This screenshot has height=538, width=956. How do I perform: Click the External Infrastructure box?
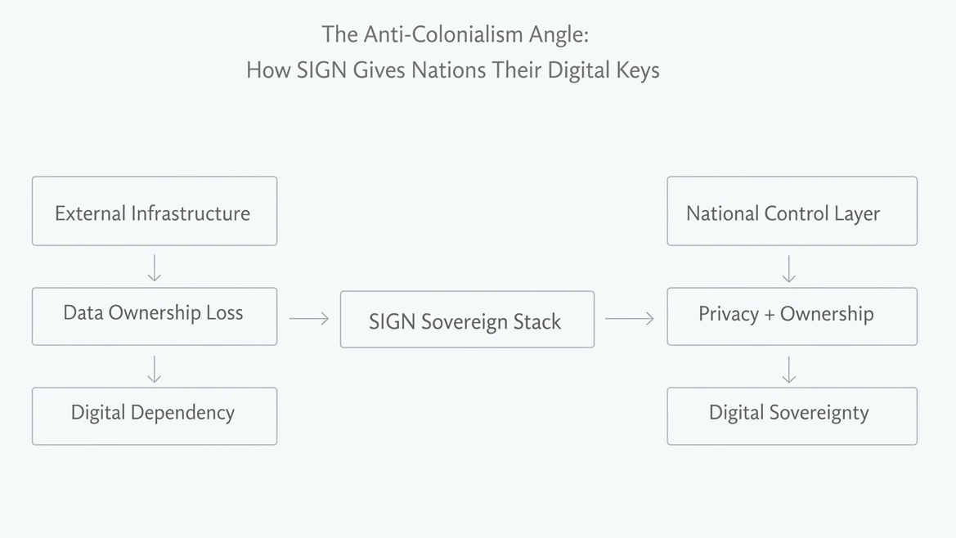point(155,211)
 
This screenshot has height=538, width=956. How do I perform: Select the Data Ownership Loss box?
point(155,316)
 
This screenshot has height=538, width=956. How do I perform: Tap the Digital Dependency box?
point(155,415)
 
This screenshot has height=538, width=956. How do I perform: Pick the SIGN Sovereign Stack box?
point(467,320)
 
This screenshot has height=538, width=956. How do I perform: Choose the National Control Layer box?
point(792,211)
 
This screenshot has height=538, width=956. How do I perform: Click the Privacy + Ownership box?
point(792,316)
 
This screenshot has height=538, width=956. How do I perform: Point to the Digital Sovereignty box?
point(792,415)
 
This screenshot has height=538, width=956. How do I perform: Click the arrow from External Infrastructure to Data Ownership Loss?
point(155,267)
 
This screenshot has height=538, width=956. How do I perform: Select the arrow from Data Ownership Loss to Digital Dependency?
point(155,369)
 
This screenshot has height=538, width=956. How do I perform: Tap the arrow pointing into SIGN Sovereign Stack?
point(309,318)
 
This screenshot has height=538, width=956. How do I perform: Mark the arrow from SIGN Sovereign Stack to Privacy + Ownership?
point(630,318)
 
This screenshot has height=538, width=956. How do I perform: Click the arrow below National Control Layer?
point(788,269)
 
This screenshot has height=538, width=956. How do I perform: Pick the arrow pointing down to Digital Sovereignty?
point(788,370)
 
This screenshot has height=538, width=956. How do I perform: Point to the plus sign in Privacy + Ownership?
point(769,315)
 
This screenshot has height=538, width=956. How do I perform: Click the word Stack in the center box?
point(536,321)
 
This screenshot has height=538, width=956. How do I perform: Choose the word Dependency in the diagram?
point(185,413)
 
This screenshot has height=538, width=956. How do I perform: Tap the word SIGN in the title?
point(321,69)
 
